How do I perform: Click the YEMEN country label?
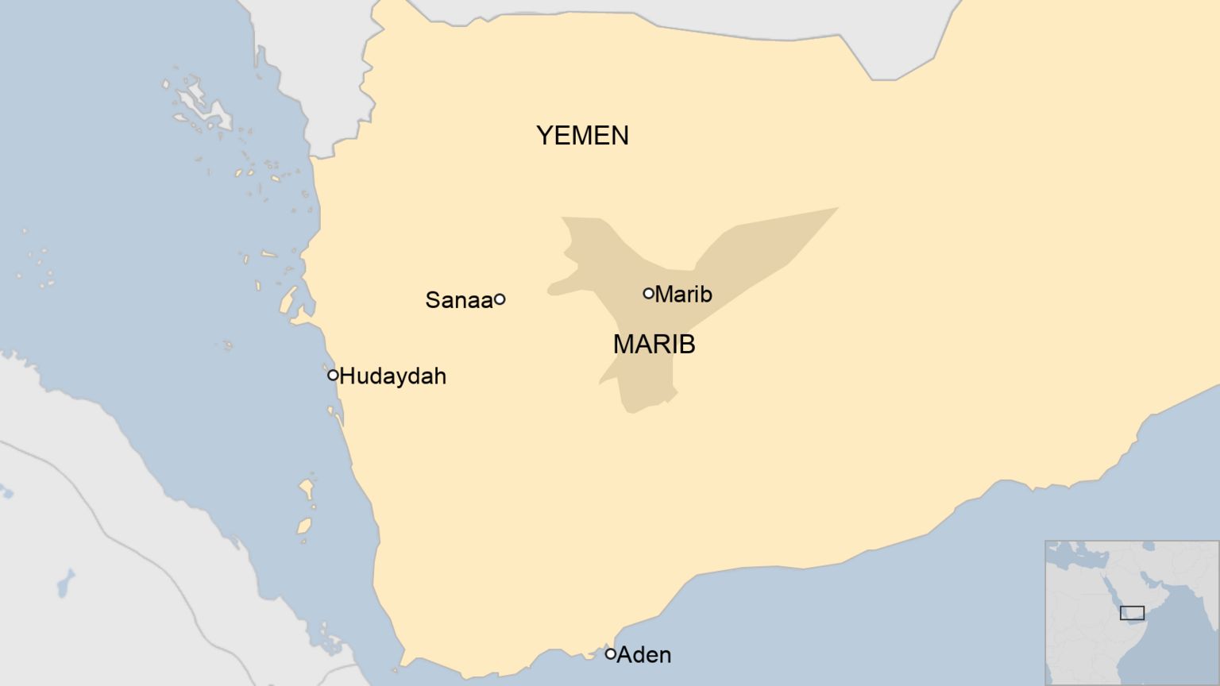click(582, 136)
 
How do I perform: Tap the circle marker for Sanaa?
click(500, 299)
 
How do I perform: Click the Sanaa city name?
click(458, 300)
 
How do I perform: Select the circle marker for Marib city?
click(648, 294)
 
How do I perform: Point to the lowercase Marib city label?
click(683, 295)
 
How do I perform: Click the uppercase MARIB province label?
click(654, 345)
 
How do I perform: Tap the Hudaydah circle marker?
click(333, 375)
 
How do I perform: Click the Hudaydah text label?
click(392, 376)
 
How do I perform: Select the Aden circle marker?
click(610, 654)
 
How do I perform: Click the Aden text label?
click(644, 655)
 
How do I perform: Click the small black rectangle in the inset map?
click(1132, 613)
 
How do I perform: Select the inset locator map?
click(1131, 612)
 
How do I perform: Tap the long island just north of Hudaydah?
click(287, 300)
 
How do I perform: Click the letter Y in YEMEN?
click(544, 136)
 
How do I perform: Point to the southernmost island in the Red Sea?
click(303, 526)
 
